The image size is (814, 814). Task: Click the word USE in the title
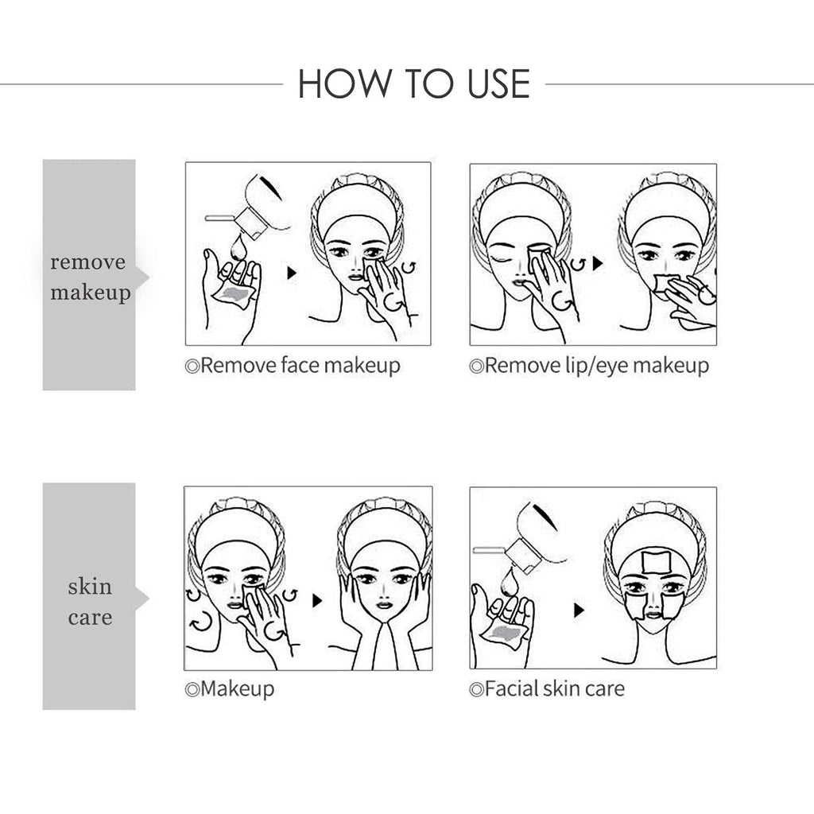tap(498, 83)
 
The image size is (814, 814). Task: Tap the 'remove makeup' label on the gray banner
tap(90, 277)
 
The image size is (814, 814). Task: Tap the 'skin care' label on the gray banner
tap(90, 602)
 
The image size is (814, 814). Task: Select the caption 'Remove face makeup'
tap(293, 366)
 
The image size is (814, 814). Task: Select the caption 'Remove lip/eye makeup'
tap(589, 366)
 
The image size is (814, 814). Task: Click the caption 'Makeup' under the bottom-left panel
tap(230, 689)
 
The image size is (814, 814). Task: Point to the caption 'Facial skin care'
tap(547, 689)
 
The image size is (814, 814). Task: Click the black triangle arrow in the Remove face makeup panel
tap(292, 273)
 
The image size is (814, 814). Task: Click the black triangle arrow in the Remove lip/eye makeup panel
tap(598, 263)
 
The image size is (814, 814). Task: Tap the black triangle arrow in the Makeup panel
tap(317, 601)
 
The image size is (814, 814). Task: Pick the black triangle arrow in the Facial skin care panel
tap(579, 610)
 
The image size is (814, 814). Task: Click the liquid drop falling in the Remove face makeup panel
tap(238, 248)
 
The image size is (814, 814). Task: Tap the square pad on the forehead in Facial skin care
tap(657, 563)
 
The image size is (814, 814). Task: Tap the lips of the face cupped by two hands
tap(385, 606)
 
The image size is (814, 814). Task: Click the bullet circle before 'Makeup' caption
tap(192, 690)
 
